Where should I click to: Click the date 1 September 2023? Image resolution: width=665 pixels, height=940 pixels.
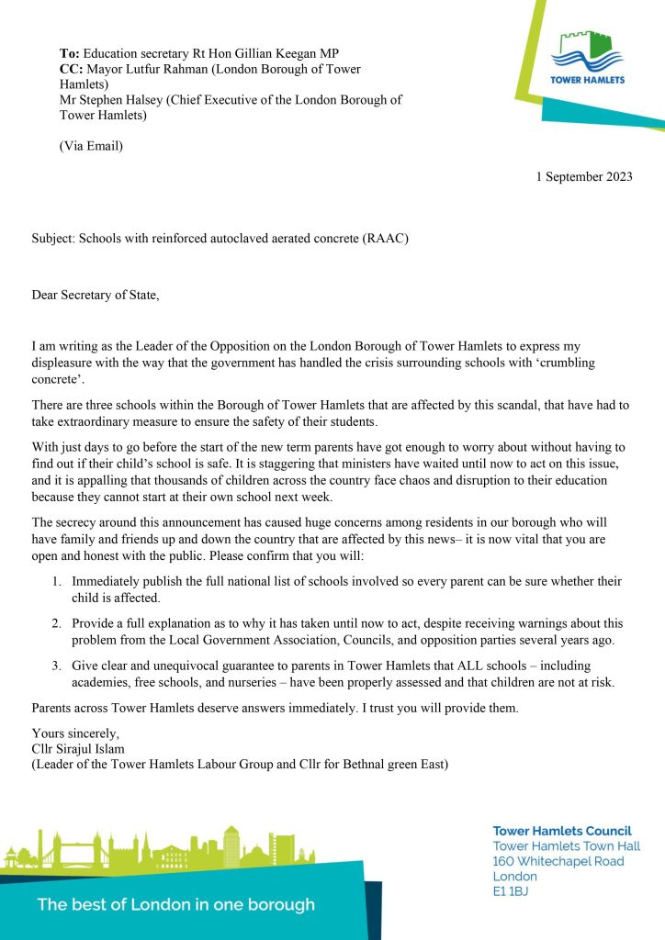click(x=584, y=177)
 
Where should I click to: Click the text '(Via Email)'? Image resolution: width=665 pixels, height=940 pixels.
click(x=91, y=146)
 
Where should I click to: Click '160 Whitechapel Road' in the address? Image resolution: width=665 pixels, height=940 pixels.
click(x=558, y=861)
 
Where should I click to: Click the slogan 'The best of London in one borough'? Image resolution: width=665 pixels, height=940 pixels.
click(x=175, y=904)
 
